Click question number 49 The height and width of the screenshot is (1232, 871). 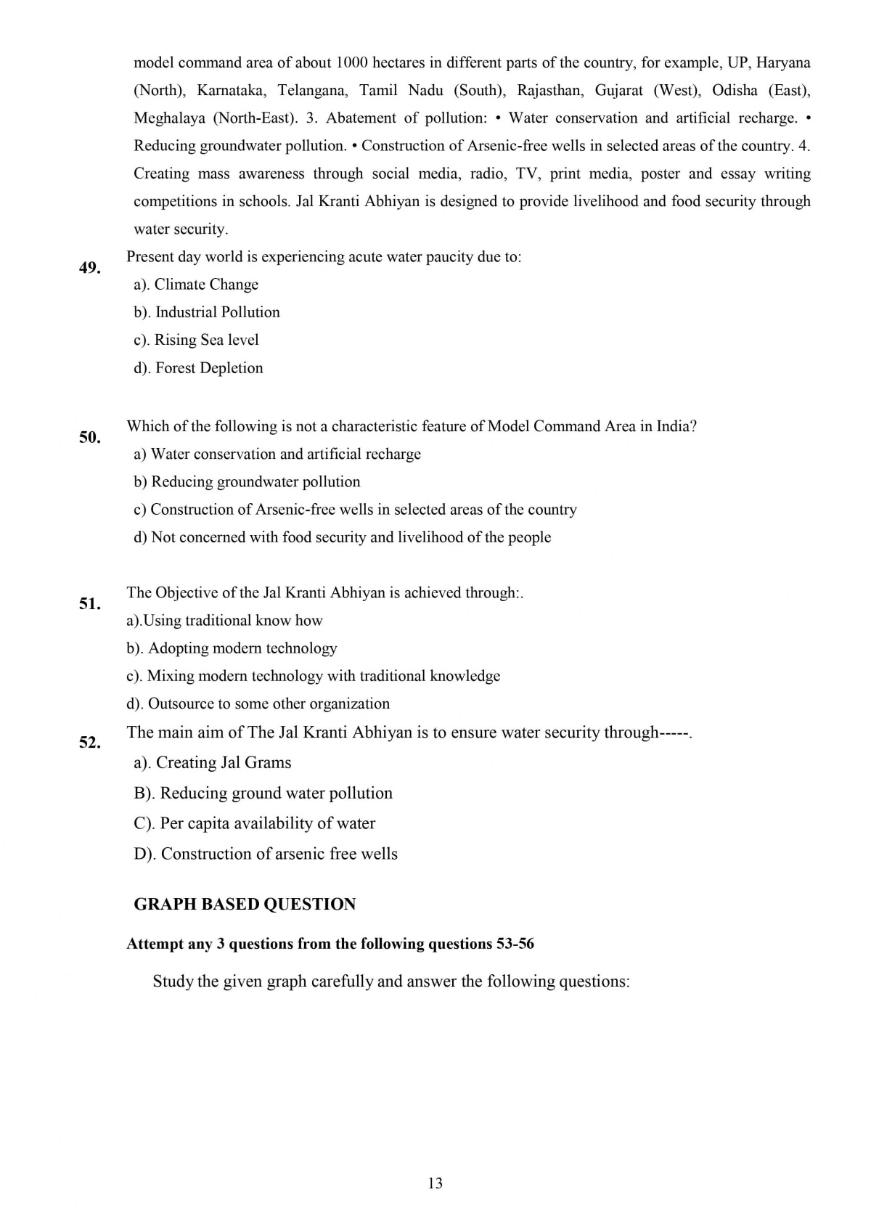click(x=89, y=268)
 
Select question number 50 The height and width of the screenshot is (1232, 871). click(x=89, y=437)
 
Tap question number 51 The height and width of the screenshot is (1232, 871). click(x=89, y=604)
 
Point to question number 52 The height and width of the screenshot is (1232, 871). click(x=89, y=742)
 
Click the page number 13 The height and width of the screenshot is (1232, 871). click(x=435, y=1183)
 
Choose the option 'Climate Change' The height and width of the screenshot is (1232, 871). click(x=206, y=285)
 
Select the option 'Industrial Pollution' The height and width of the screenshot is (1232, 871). click(x=217, y=312)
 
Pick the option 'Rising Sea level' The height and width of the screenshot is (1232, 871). click(x=206, y=340)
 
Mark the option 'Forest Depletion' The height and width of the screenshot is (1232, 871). click(x=209, y=368)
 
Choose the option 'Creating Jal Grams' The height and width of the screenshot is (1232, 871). click(x=224, y=762)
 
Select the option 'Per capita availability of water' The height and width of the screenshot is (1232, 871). click(x=267, y=823)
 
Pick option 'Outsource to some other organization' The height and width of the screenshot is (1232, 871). click(x=269, y=703)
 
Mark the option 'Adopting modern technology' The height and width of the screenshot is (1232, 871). click(x=242, y=648)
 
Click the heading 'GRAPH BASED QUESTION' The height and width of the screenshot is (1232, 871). click(x=245, y=905)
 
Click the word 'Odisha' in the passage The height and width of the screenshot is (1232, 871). click(x=735, y=91)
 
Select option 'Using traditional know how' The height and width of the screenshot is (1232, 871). click(x=233, y=621)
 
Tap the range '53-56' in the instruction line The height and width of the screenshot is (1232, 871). click(x=515, y=944)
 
